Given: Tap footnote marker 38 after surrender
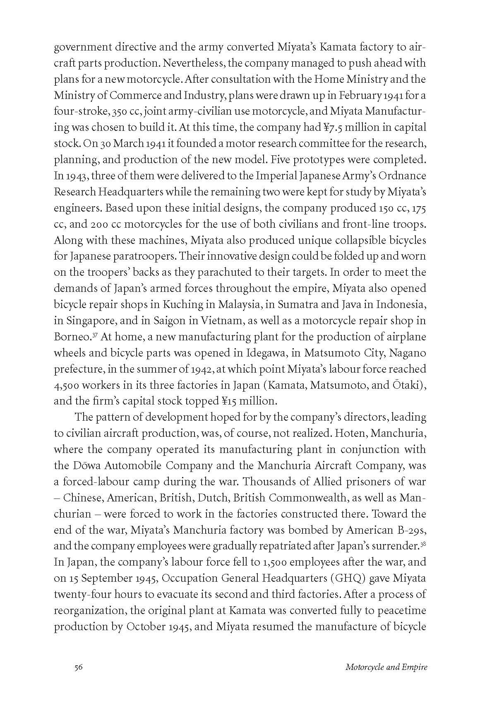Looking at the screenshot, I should (423, 544).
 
